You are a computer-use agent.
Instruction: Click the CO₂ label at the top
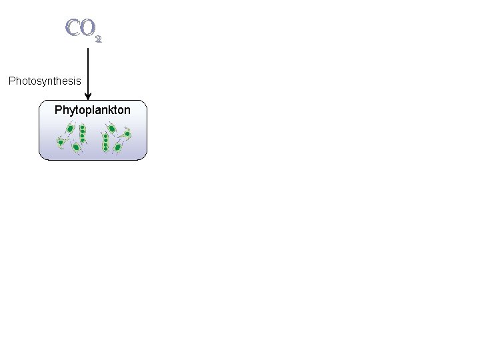83,29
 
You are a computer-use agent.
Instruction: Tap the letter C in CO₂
73,28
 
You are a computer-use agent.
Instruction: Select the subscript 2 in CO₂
99,39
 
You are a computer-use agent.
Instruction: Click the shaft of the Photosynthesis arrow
88,70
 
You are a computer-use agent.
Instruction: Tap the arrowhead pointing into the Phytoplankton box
88,97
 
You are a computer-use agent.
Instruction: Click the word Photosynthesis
45,81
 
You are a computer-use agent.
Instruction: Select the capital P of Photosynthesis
11,81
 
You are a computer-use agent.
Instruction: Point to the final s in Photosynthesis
79,81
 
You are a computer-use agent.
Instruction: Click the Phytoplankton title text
92,109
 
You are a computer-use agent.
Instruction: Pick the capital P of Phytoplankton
58,109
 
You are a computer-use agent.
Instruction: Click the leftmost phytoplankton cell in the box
61,142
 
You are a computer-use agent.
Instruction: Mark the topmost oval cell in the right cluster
112,128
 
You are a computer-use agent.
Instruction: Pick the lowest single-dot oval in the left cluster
76,147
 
